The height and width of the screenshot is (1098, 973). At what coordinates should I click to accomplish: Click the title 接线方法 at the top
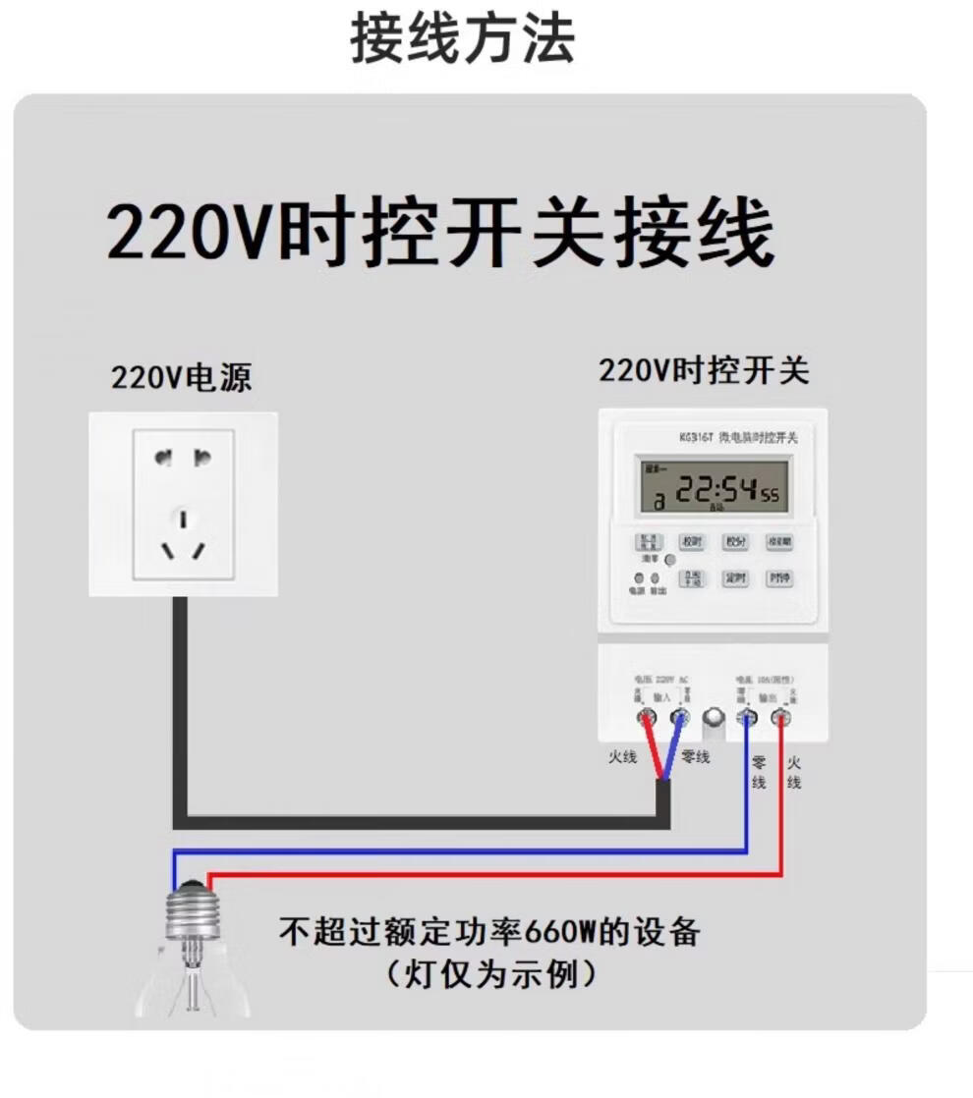click(462, 40)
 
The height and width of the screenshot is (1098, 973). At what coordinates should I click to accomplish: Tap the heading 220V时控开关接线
click(440, 234)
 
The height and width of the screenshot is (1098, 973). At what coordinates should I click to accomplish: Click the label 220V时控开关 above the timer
click(704, 371)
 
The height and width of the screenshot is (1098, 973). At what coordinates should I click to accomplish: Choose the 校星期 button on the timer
click(779, 542)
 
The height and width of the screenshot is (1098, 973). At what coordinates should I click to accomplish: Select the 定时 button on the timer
click(735, 578)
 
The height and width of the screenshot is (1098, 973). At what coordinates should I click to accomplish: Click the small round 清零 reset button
click(670, 560)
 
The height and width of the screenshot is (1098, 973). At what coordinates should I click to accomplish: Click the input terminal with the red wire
click(646, 718)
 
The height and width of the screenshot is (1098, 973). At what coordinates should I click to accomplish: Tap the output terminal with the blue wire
click(747, 718)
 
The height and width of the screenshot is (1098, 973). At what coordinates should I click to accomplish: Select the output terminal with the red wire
click(780, 718)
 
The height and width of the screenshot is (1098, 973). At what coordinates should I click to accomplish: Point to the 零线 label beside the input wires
click(695, 757)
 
